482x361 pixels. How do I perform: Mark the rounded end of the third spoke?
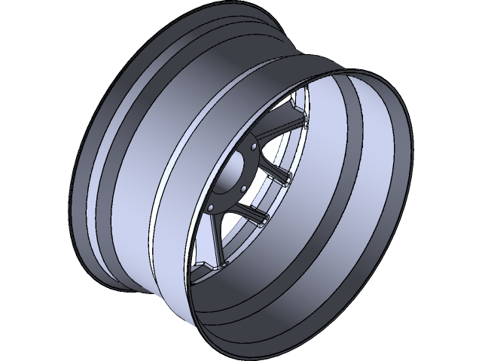pos(265,220)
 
